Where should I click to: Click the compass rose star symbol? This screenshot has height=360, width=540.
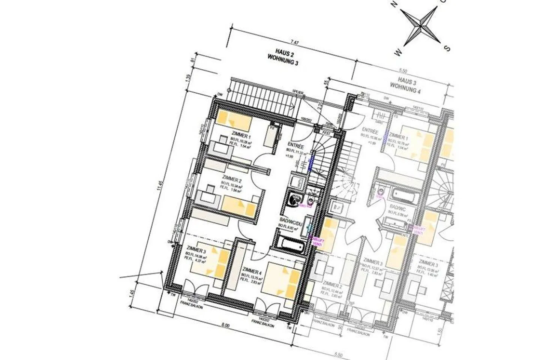420,25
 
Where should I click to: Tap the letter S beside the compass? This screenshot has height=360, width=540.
447,48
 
